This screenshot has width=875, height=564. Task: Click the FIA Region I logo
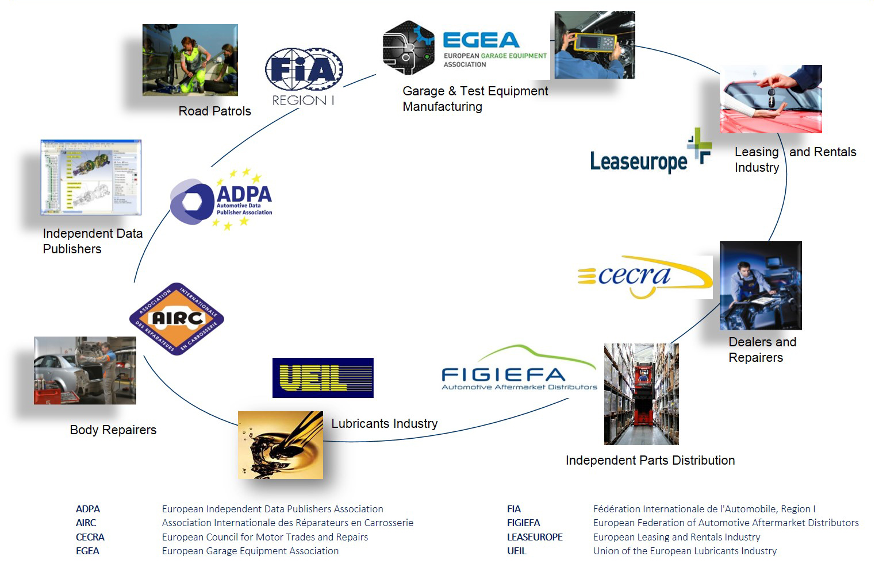coord(304,76)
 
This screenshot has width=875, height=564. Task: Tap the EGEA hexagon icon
coord(408,48)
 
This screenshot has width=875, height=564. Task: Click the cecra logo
coord(644,277)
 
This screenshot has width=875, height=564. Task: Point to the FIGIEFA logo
coord(519,370)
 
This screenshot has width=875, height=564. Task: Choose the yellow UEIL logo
coord(323,377)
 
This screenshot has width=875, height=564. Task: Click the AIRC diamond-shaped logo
coord(176,319)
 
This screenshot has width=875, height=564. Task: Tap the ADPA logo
coord(221,200)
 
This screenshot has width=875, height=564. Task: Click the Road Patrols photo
coord(190,60)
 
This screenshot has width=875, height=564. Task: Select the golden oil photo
coord(281,445)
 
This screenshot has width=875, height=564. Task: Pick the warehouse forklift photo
coord(641,394)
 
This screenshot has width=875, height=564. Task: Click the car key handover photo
coord(770,99)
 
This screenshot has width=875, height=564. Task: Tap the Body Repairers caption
coord(113,430)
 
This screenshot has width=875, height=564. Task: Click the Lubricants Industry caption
coord(384,423)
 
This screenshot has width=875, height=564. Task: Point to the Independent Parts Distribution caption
coord(650,460)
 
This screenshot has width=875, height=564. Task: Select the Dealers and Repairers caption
coord(762,349)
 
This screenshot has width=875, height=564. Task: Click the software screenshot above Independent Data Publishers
coord(91,177)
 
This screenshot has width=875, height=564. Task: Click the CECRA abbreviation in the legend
coord(90,537)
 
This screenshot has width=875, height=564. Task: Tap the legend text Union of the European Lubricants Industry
coord(685,551)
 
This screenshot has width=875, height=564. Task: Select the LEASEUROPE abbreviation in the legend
coord(535,537)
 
